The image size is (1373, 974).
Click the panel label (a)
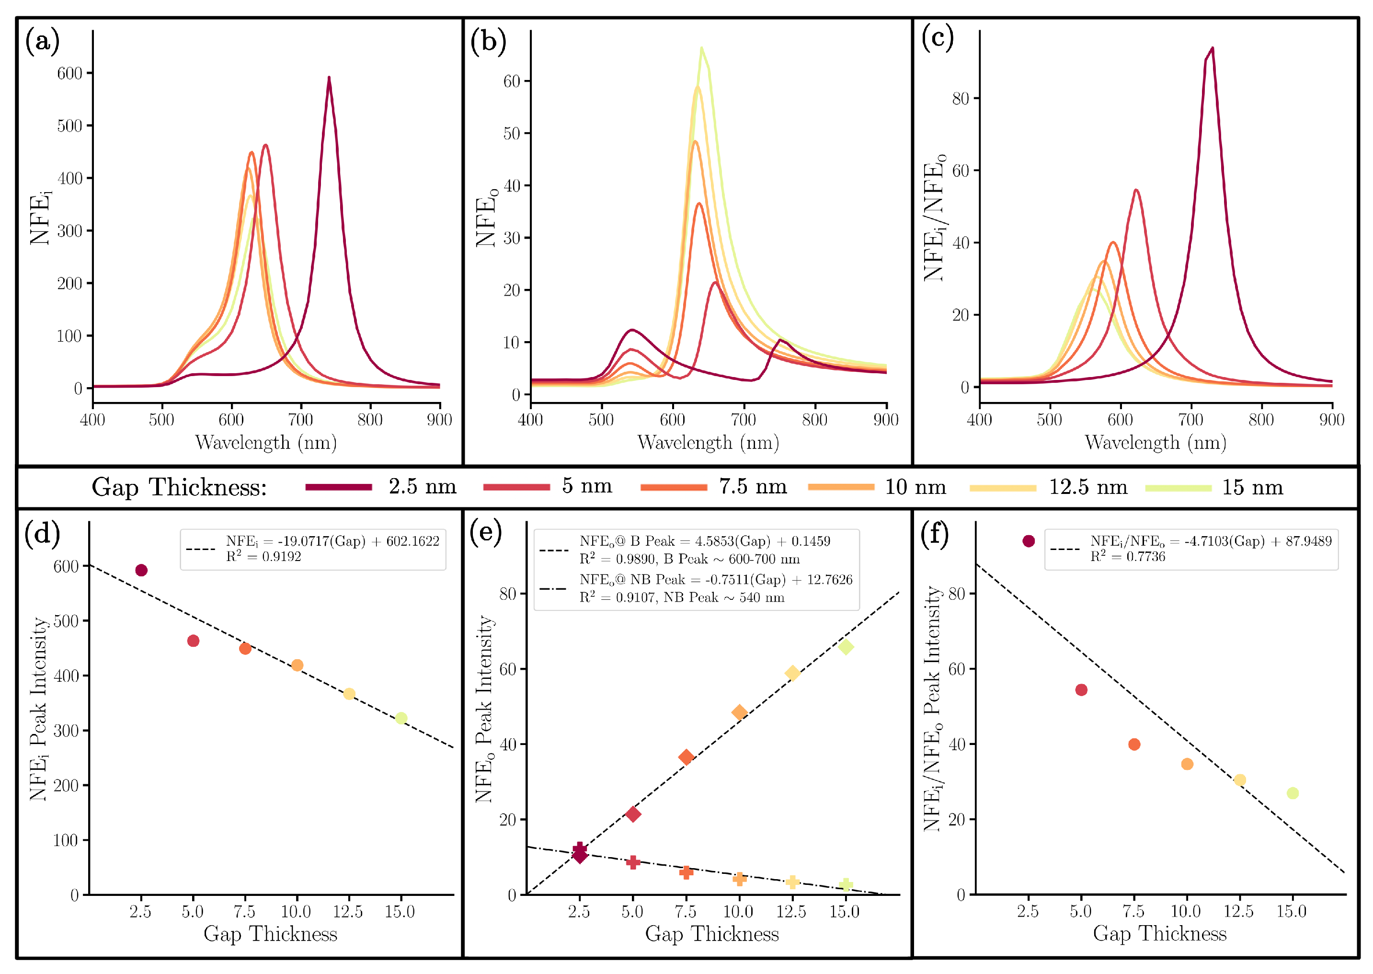pos(42,42)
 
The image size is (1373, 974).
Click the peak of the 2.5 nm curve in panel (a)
pos(329,78)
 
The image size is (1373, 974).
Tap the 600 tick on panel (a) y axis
pos(69,73)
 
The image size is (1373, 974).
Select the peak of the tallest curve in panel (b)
pos(701,48)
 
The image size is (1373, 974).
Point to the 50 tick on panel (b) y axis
pos(512,133)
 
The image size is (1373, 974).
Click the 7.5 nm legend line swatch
pos(673,487)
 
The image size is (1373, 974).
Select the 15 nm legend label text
pos(1252,487)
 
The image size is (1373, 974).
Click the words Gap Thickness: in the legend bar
pos(179,487)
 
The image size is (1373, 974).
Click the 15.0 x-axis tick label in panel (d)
pos(400,912)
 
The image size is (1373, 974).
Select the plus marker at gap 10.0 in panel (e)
pos(739,879)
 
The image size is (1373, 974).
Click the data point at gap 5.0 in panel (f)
pos(1082,690)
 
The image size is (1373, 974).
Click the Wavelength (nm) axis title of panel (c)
pos(1156,443)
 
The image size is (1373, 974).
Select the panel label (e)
pos(486,531)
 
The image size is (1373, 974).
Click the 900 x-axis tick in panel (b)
pos(886,420)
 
